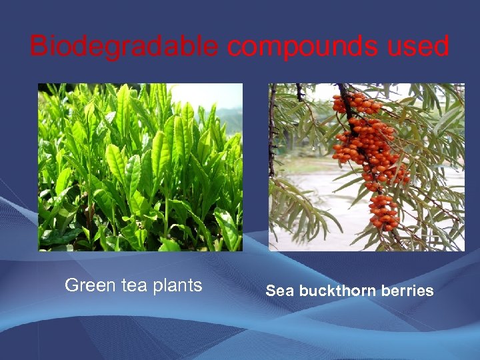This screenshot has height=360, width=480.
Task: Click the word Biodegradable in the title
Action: [123, 47]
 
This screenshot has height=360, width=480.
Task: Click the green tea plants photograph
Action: [140, 167]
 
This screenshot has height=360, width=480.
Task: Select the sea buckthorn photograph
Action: [366, 167]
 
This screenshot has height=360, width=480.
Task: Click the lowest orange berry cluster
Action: [383, 212]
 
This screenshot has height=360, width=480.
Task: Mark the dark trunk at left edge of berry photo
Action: [272, 133]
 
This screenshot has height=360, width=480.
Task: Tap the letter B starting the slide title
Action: [39, 47]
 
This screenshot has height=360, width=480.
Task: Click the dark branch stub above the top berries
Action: [343, 89]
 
